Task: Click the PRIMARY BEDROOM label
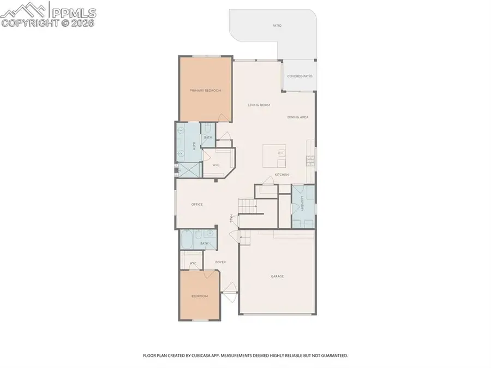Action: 206,90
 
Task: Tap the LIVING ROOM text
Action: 259,105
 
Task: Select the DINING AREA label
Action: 298,117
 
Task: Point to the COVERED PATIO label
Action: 300,76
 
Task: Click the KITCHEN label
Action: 282,175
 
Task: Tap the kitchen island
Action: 274,157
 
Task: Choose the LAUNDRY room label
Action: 302,204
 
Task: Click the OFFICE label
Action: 197,205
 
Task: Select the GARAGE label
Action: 277,276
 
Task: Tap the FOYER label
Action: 220,262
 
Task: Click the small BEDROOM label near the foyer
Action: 199,296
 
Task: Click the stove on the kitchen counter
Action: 309,160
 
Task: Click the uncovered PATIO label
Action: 277,26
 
